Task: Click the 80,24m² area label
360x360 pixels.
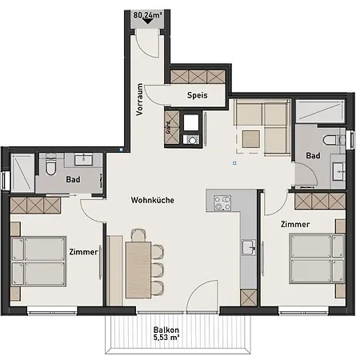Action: tap(149, 13)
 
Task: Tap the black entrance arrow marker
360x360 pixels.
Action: tap(149, 22)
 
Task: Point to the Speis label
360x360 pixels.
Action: tap(198, 95)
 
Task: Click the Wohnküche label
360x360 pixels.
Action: tap(154, 200)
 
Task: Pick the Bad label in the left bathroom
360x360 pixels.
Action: tap(73, 180)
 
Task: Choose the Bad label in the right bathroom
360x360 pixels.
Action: tap(314, 155)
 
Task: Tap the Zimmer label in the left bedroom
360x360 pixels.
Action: tap(83, 251)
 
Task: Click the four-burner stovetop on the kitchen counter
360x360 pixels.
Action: tap(222, 202)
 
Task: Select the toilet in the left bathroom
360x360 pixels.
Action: tap(50, 166)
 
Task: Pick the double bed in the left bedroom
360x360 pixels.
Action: tap(41, 261)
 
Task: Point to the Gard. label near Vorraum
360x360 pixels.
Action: tap(168, 125)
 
